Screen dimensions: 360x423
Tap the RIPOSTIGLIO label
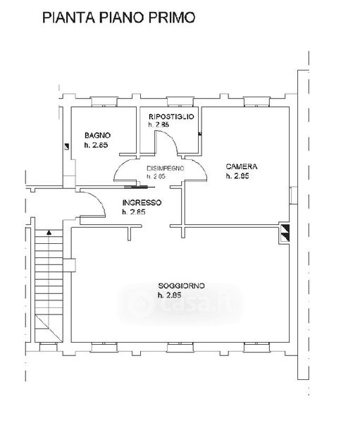171,116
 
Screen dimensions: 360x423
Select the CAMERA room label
242,166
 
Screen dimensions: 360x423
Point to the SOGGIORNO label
181,286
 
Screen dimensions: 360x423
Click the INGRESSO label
142,202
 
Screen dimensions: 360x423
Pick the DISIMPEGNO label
166,168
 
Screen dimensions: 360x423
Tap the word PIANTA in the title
68,18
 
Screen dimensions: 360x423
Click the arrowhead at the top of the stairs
49,232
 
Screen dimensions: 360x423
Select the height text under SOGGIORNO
169,295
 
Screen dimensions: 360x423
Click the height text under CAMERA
237,176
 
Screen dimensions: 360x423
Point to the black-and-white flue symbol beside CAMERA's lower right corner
285,233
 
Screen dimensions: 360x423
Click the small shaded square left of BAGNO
66,147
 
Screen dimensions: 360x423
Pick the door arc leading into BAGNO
120,166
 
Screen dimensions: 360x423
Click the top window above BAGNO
104,102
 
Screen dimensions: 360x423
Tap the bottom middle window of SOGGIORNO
180,347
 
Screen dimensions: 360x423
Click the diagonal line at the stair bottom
49,328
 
